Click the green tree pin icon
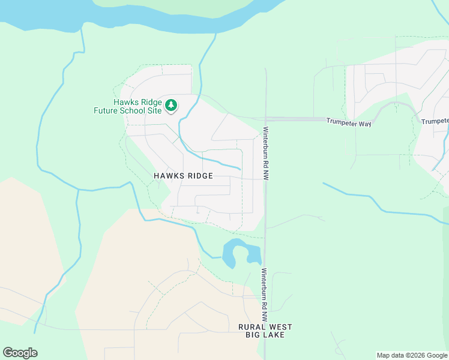coord(172,106)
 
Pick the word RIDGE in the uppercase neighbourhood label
coord(199,176)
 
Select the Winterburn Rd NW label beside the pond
coord(264,289)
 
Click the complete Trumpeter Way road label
coord(349,121)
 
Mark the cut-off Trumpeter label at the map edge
coord(435,121)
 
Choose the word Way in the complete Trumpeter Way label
coord(366,121)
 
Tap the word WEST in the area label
coord(280,327)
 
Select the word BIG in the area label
coord(253,335)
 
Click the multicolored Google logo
coord(20,353)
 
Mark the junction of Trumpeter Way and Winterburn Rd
coord(265,119)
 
